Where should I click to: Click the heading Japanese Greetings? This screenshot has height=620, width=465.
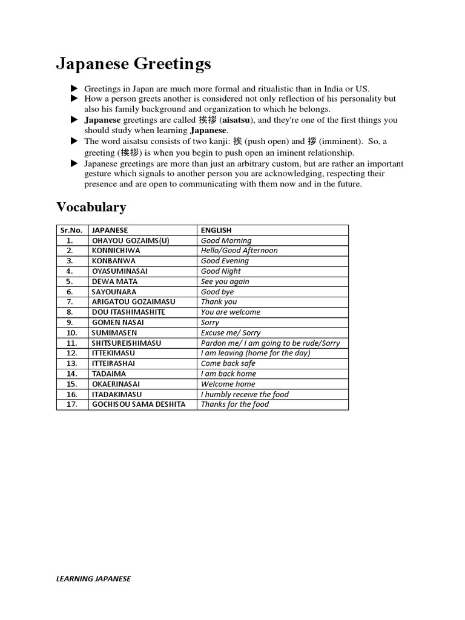coord(134,64)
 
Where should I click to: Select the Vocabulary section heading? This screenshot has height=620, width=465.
coord(91,207)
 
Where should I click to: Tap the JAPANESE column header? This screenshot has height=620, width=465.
coord(110,230)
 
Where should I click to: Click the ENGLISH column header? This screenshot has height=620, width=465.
coord(216,230)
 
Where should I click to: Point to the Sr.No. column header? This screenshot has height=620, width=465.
coord(71,230)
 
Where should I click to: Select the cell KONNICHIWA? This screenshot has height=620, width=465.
coord(115,250)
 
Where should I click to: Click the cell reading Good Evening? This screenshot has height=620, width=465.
coord(225,260)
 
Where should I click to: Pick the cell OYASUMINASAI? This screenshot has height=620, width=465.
coord(119,271)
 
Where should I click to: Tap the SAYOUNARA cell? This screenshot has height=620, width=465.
coord(114,291)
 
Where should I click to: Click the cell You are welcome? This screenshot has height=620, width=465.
coord(230,312)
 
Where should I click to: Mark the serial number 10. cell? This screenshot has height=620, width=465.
coord(71,332)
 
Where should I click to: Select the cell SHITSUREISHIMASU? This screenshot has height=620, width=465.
coord(127,343)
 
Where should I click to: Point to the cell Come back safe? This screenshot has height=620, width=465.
coord(228,363)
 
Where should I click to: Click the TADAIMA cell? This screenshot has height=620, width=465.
coord(109,374)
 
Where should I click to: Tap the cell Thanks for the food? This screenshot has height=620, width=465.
coord(235,404)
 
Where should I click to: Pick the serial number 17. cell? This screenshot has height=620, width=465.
coord(71,404)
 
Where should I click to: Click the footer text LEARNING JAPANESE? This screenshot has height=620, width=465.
coord(94,578)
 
